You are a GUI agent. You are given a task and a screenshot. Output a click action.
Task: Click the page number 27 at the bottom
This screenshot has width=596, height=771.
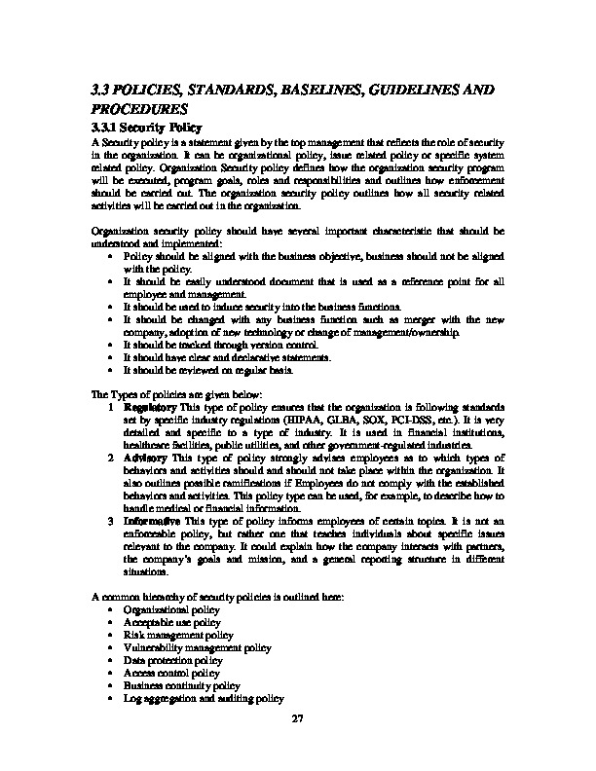298,719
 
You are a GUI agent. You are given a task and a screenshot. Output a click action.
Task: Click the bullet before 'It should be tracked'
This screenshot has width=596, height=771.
113,344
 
